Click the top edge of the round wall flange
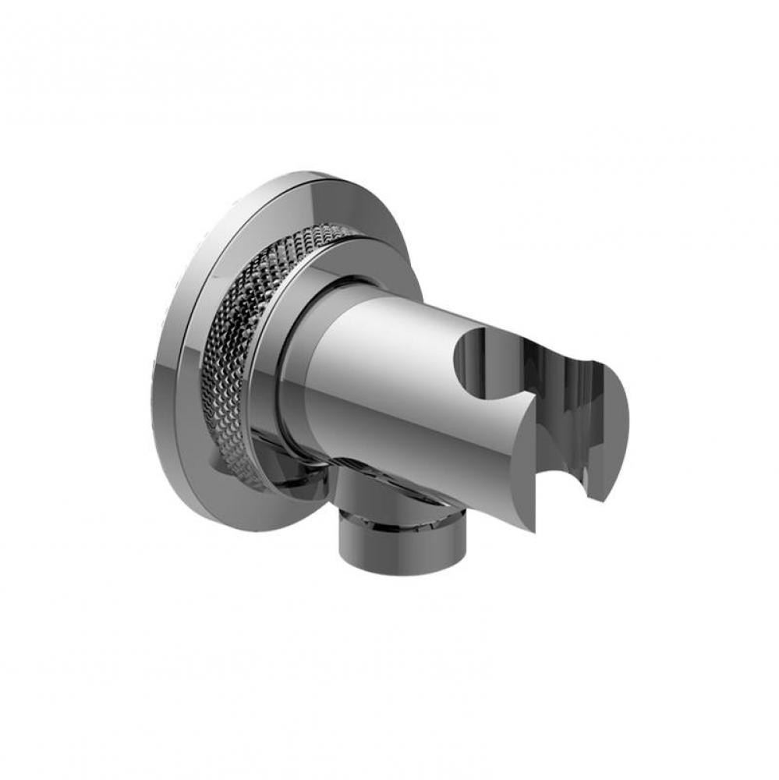(312, 173)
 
